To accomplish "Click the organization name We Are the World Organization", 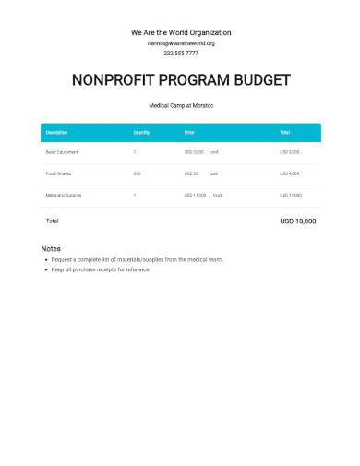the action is click(x=180, y=32).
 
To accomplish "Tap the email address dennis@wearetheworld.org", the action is click(x=180, y=43).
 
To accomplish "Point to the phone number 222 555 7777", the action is click(x=180, y=54).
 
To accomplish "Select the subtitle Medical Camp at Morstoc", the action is click(x=180, y=106).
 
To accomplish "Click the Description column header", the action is click(x=56, y=133).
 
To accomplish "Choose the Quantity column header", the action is click(x=141, y=133).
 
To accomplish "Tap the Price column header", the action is click(x=189, y=133).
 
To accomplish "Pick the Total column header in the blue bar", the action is click(x=285, y=133).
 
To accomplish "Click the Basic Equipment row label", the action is click(x=62, y=151).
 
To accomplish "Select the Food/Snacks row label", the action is click(x=59, y=173).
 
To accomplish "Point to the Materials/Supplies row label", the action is click(x=65, y=195).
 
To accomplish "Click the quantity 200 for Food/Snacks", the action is click(x=137, y=173).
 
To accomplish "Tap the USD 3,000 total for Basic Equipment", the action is click(x=290, y=151).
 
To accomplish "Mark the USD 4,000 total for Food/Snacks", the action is click(x=290, y=173).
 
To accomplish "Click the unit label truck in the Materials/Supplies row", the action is click(x=218, y=195).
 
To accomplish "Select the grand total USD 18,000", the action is click(x=297, y=221).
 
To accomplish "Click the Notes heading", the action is click(x=52, y=249).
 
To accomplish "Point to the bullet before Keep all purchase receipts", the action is click(x=47, y=269).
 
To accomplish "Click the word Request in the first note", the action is click(x=63, y=260).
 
